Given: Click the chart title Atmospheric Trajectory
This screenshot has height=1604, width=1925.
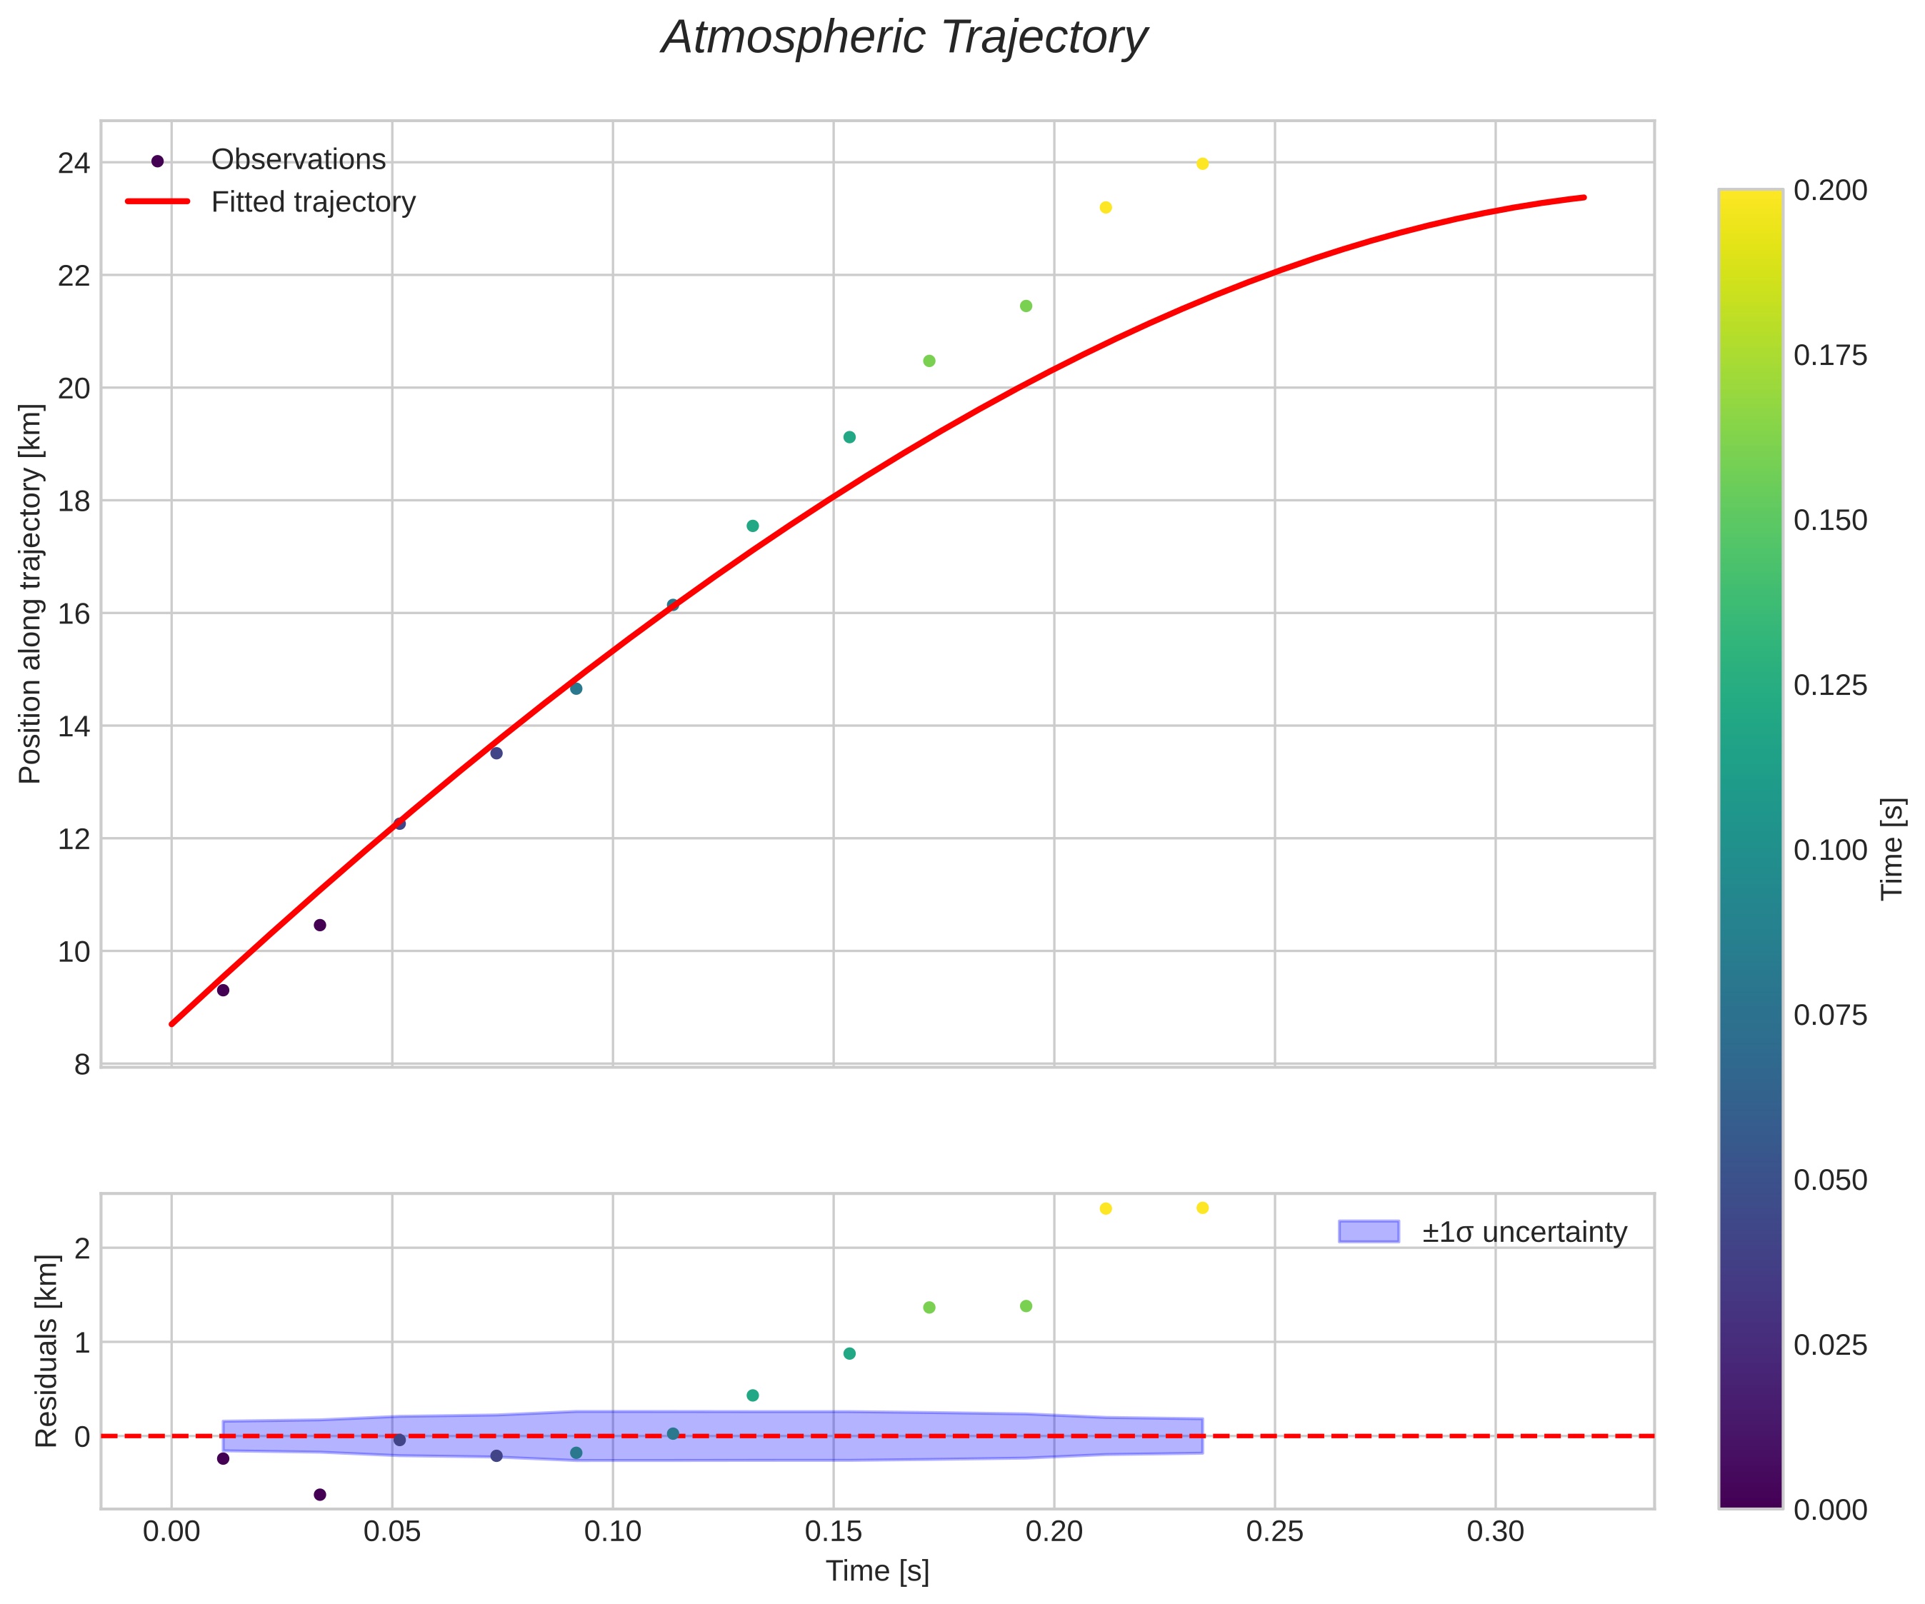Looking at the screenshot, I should pos(904,39).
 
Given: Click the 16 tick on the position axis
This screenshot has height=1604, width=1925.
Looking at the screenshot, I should pos(74,613).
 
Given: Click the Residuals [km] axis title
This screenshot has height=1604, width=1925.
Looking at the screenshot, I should pos(46,1351).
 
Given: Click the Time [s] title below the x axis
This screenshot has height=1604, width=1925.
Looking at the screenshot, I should pos(877,1571).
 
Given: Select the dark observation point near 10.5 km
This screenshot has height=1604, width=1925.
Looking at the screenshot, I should pos(320,925).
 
